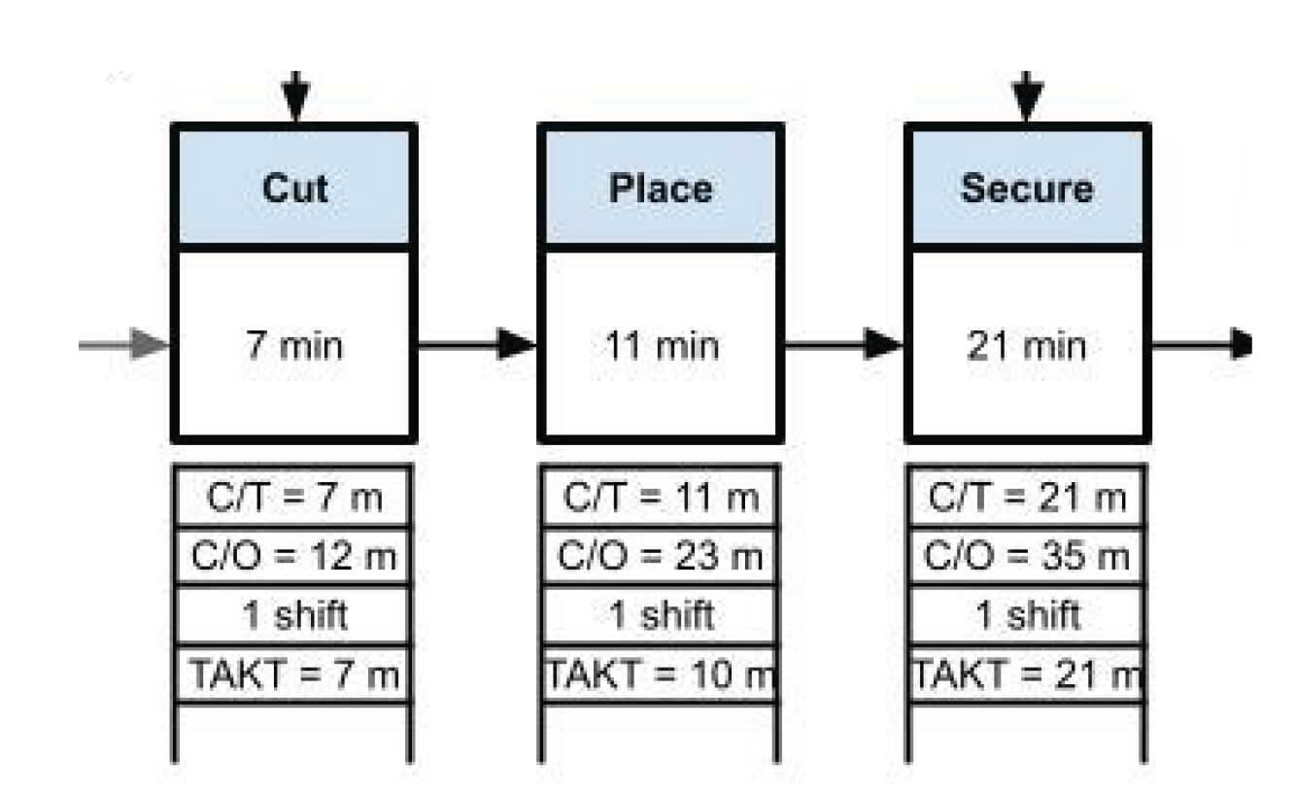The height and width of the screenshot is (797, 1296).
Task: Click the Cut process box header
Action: click(x=294, y=188)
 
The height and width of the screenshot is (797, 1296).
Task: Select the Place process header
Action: click(x=661, y=188)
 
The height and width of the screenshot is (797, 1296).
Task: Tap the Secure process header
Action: click(x=1027, y=188)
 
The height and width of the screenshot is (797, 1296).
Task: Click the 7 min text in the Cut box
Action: click(x=294, y=345)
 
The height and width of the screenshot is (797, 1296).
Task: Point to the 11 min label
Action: click(x=661, y=345)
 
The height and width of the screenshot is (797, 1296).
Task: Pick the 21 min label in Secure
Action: click(x=1027, y=345)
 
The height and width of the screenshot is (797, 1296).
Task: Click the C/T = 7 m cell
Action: click(x=294, y=498)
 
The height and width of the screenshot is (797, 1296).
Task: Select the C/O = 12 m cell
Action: click(x=294, y=556)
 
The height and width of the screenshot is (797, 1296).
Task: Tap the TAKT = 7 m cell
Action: click(x=294, y=674)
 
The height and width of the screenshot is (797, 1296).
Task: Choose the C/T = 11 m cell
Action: click(x=661, y=498)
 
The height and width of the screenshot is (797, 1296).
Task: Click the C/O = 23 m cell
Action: click(x=661, y=556)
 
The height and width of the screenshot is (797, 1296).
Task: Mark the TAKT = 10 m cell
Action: click(x=661, y=674)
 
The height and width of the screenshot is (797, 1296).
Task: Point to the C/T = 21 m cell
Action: click(x=1027, y=498)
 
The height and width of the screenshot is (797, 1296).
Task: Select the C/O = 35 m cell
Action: click(x=1027, y=556)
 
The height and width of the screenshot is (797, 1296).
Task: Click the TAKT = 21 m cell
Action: click(x=1027, y=674)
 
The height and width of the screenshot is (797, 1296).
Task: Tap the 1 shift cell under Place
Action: click(x=661, y=615)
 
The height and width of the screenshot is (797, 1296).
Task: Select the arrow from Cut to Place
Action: click(x=476, y=344)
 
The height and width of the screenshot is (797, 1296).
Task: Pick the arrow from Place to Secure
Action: click(x=843, y=344)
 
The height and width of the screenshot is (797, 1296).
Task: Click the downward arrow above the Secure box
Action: click(x=1027, y=97)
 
